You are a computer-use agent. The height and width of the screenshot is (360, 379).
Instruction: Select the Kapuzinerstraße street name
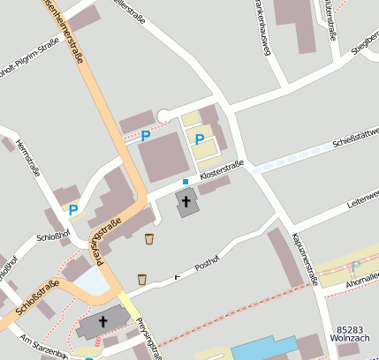(304, 258)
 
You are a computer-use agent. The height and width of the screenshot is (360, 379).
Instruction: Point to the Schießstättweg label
(354, 138)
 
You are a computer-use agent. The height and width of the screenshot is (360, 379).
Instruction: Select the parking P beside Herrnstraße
(73, 210)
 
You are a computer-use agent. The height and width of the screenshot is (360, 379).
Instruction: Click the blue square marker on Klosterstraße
(186, 182)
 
